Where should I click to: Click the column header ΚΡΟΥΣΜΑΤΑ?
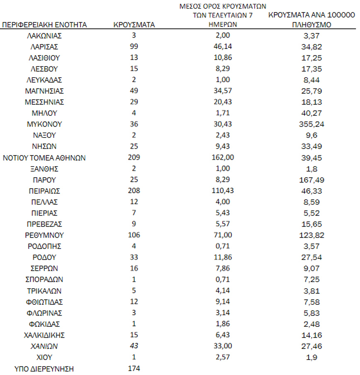[134, 25]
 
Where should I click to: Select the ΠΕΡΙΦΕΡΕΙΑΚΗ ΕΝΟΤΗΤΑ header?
[44, 25]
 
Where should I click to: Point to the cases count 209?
[134, 157]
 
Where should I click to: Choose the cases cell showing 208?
[134, 191]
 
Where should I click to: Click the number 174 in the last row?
[134, 368]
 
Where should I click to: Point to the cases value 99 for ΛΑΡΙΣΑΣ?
[134, 46]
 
